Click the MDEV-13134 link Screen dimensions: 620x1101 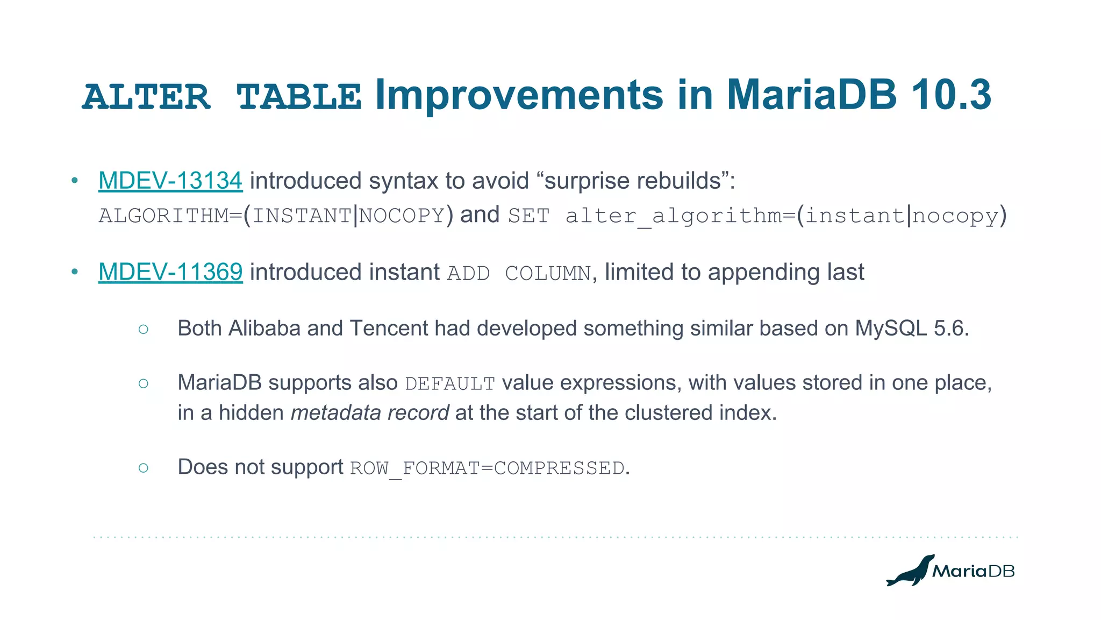[170, 181]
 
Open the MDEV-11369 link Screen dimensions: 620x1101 [170, 272]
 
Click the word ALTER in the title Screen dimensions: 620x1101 [146, 97]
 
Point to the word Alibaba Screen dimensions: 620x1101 [264, 329]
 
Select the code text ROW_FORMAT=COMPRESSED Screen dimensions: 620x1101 [487, 468]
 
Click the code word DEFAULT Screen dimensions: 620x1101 [449, 384]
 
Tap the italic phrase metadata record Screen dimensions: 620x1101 [369, 413]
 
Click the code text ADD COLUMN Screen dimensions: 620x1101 [519, 274]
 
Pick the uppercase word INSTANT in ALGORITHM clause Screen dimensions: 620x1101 [302, 216]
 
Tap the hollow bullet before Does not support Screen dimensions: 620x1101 [143, 468]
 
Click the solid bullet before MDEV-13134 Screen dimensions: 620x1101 [75, 181]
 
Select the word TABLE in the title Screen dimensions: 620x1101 [298, 97]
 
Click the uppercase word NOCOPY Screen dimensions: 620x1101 [402, 216]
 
